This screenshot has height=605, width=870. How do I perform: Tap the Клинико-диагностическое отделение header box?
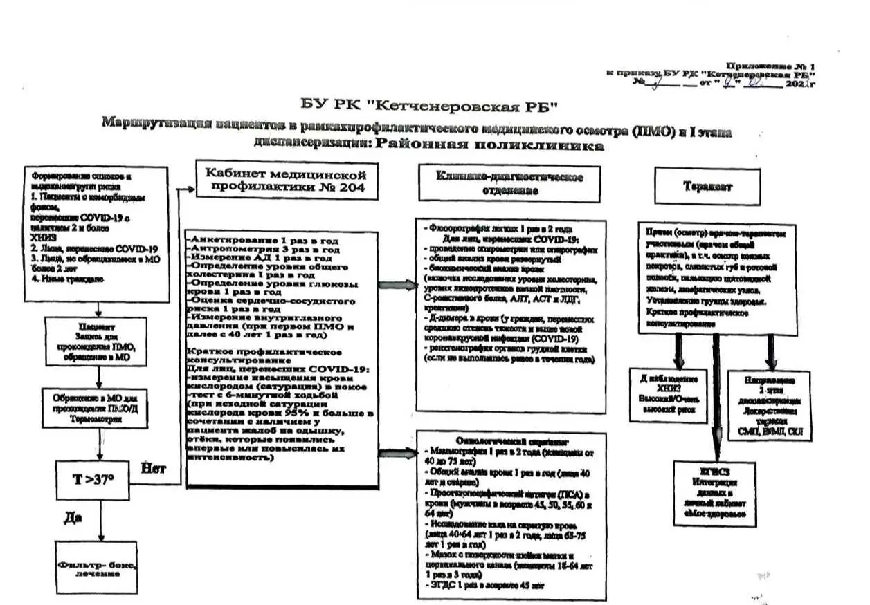(509, 184)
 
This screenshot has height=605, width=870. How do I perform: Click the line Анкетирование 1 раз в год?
(263, 241)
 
